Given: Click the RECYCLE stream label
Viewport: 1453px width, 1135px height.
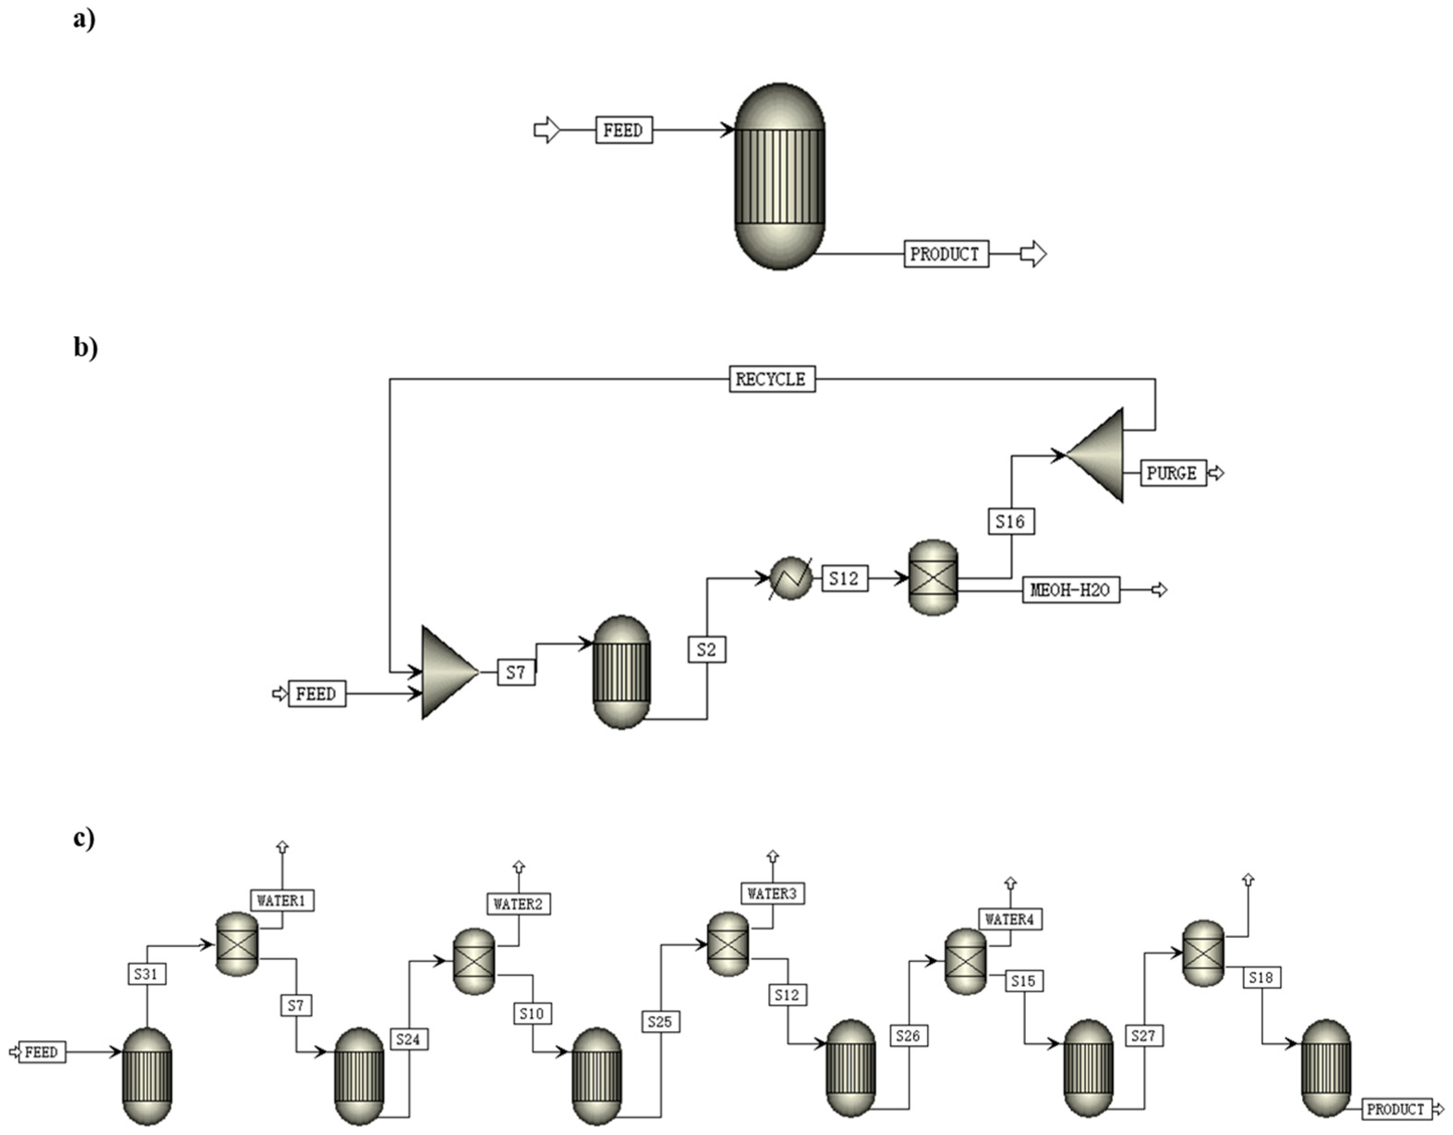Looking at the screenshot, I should (x=771, y=379).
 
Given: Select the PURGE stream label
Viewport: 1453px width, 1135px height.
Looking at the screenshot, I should (x=1172, y=473).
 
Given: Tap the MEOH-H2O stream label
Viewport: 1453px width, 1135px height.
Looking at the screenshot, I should (x=1070, y=590).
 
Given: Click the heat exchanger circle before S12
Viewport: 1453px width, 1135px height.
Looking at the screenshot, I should (x=791, y=578).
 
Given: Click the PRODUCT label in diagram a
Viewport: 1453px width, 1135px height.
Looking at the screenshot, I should (x=946, y=254).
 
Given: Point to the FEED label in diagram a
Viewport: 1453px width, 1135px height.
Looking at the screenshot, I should (x=623, y=130).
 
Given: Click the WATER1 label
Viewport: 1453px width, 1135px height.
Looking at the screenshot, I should (x=282, y=901).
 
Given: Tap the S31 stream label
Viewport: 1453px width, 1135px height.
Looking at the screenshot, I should (x=146, y=975).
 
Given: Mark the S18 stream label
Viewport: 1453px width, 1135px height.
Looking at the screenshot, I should (x=1261, y=978).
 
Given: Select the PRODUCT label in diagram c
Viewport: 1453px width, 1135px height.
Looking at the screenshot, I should (x=1396, y=1109).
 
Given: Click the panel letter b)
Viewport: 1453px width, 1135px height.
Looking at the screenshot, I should (x=85, y=347).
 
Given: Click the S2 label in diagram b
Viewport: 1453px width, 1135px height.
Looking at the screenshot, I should (x=706, y=649).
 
